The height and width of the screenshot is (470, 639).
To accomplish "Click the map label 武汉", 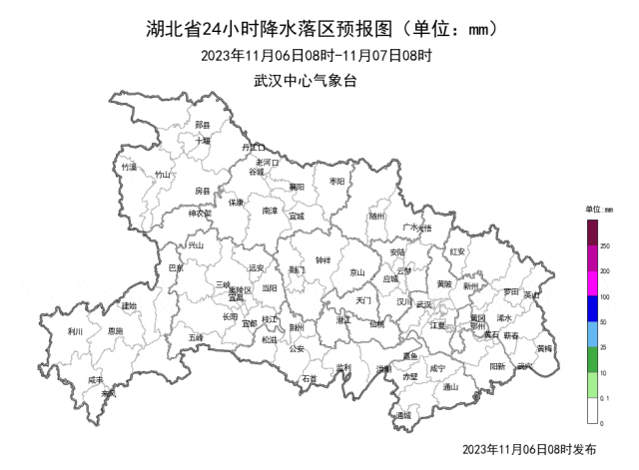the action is tap(423, 304).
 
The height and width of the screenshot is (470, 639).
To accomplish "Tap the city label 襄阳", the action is tap(297, 186).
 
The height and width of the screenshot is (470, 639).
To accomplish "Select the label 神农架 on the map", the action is tap(201, 213).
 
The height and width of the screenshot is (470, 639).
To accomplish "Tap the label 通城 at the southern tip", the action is tap(402, 414).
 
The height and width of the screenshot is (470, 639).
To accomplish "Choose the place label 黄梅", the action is tap(544, 348).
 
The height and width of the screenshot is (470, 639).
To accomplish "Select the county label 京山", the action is tap(356, 272).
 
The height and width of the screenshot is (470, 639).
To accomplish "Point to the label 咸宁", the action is tap(437, 368).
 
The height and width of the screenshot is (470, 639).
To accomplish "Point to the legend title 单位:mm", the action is tap(601, 211).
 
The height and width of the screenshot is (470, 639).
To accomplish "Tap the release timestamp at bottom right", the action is tap(530, 451).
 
